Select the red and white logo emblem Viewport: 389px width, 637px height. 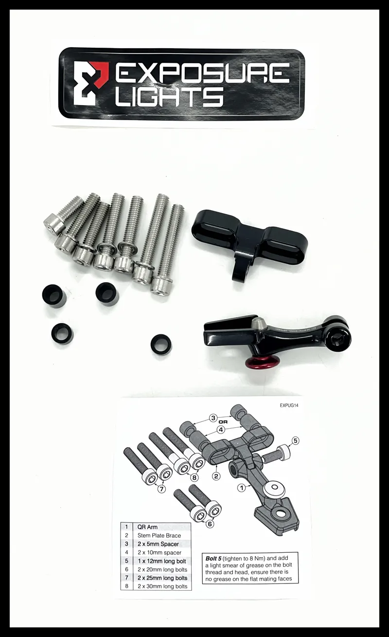(90, 83)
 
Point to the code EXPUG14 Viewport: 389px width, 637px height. (291, 404)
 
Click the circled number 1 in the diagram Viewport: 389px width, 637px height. (242, 487)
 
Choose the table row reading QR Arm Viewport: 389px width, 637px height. (148, 527)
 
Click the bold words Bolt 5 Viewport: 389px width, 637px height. (214, 558)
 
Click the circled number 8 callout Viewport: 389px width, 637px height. (194, 477)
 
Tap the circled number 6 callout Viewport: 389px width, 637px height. (209, 524)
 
